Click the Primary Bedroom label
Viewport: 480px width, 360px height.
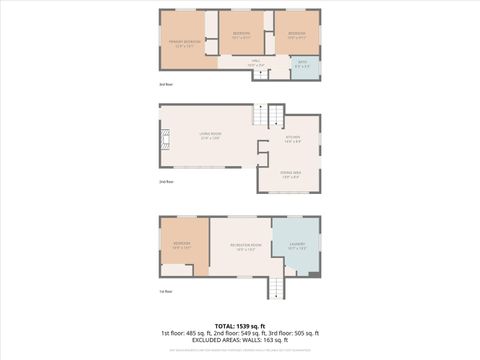[x=186, y=42]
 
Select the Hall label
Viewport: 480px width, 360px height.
[x=256, y=63]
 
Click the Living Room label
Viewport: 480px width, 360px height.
[x=210, y=135]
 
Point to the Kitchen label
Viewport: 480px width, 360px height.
[x=293, y=139]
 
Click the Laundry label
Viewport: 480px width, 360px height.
[x=297, y=245]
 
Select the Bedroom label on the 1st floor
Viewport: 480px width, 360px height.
[x=181, y=245]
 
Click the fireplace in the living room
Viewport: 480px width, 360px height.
[x=166, y=146]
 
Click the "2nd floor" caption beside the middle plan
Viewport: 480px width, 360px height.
[x=166, y=181]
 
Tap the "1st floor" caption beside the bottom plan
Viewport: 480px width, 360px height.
[x=165, y=290]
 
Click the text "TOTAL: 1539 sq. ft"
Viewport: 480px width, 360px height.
[x=240, y=325]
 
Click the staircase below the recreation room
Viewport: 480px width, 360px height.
[x=276, y=288]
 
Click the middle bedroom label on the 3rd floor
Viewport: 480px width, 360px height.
[x=241, y=34]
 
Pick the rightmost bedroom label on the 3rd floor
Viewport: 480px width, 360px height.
[x=297, y=34]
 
